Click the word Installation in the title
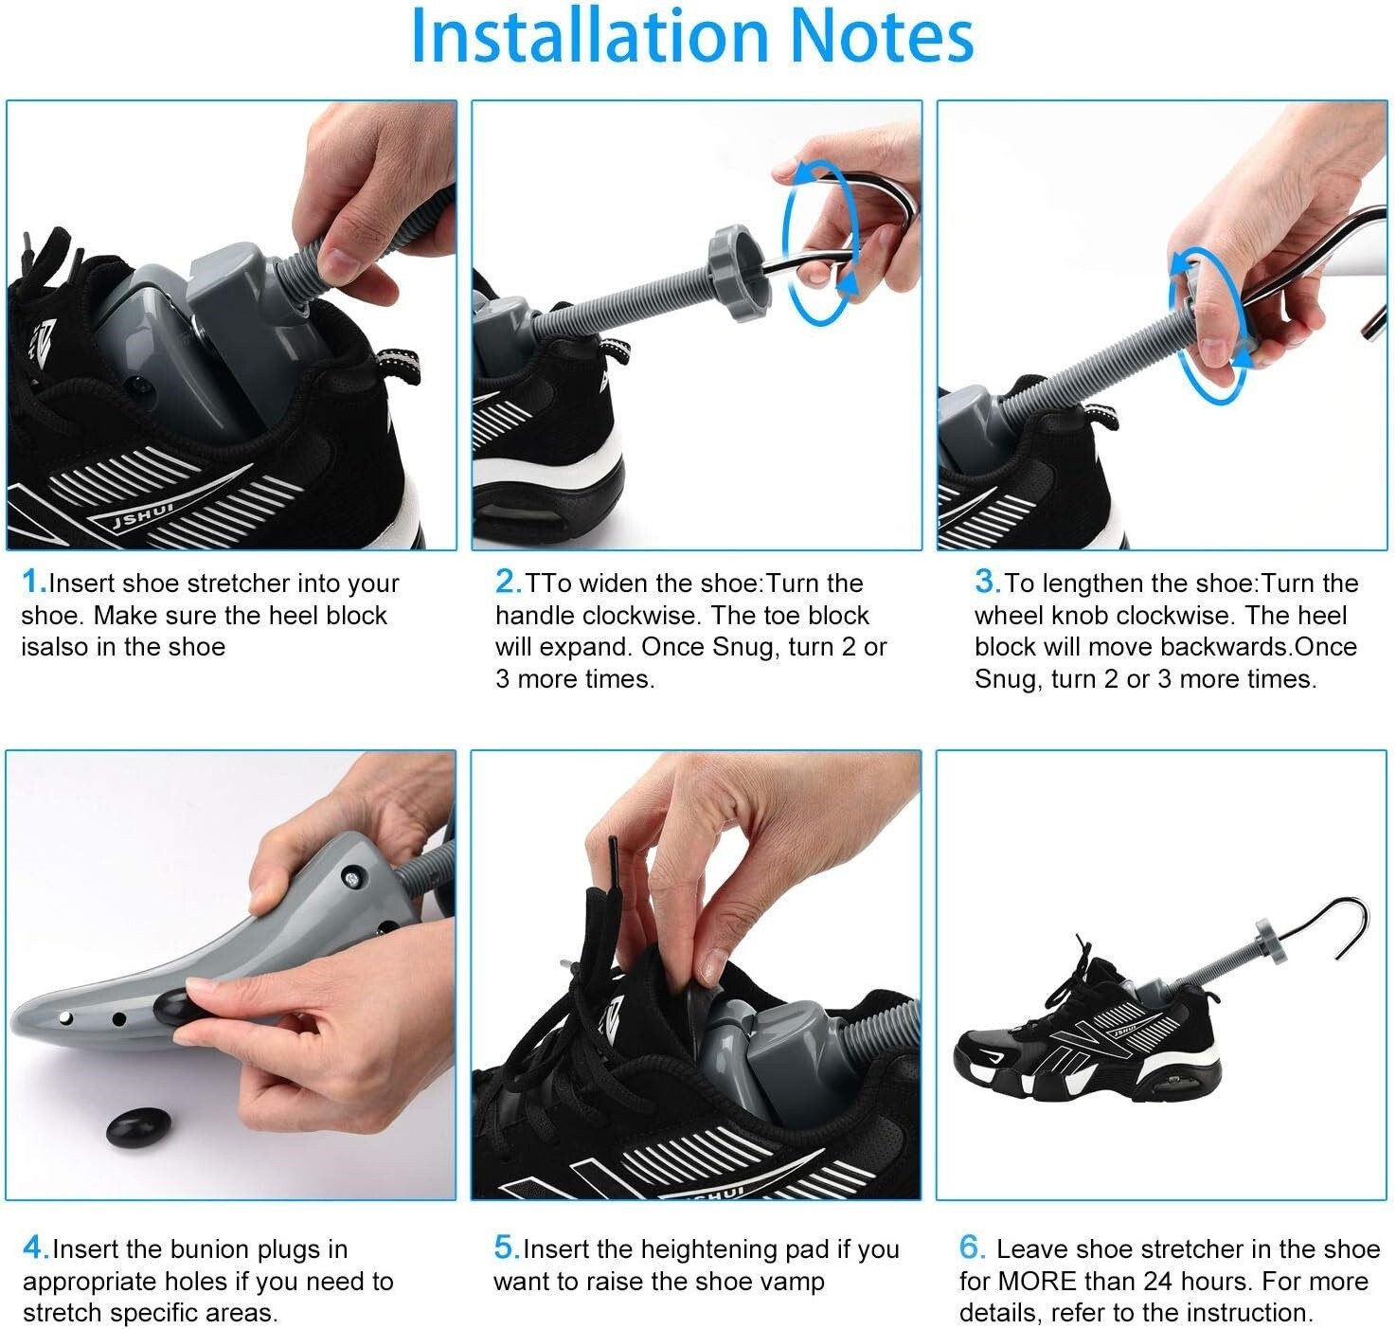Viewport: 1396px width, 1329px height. (x=589, y=37)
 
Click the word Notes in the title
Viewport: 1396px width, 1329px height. (x=881, y=37)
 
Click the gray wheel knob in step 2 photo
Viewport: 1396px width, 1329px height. (x=739, y=274)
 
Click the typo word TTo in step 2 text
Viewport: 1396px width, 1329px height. (x=548, y=584)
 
